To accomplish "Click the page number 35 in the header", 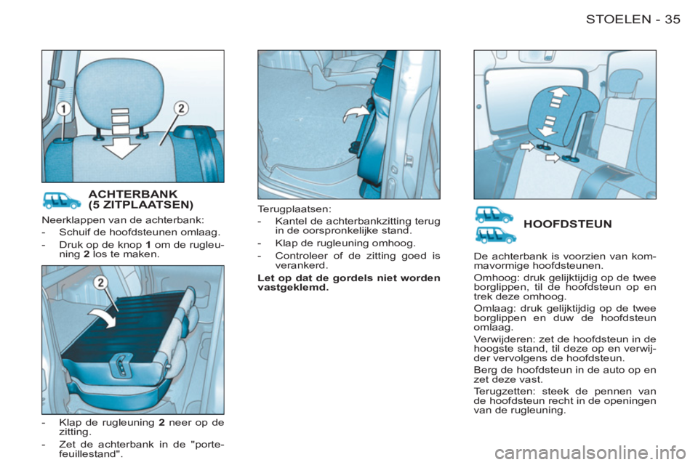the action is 673,19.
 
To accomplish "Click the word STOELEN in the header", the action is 618,19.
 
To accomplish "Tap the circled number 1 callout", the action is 64,108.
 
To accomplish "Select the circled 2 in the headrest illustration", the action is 181,108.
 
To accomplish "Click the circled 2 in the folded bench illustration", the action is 101,283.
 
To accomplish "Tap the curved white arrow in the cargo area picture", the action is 356,114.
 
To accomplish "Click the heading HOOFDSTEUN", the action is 568,224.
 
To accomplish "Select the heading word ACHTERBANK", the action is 132,194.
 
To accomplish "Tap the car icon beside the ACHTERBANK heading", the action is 61,201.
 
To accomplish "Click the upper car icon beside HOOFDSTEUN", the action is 494,214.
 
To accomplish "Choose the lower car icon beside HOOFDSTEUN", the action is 495,235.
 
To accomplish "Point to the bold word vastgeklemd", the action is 293,288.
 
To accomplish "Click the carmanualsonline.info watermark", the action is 590,453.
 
